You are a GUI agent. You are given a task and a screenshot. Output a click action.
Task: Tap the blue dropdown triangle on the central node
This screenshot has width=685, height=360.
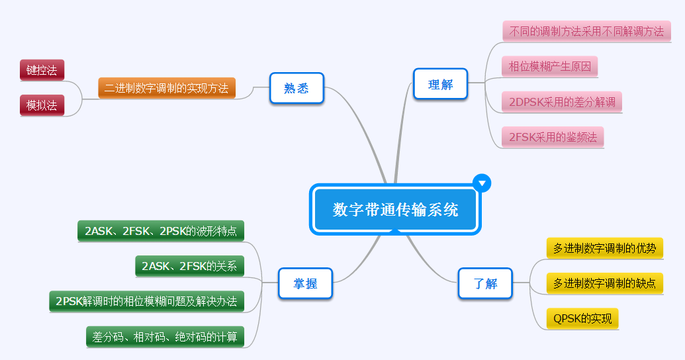(482, 183)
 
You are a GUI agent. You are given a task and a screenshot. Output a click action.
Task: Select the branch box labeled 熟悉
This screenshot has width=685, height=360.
(297, 89)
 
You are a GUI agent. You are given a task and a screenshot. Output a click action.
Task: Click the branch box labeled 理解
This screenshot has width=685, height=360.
(440, 85)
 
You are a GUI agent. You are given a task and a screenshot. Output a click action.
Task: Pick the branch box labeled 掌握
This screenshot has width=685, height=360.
(305, 283)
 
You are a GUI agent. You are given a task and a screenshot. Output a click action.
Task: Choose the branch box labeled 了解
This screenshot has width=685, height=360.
(485, 283)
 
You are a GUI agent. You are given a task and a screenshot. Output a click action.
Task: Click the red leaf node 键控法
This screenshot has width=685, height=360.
(42, 69)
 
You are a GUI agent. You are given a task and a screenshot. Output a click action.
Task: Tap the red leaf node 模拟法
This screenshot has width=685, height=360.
(42, 105)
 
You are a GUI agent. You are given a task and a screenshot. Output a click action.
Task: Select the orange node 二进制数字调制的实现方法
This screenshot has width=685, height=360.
(167, 88)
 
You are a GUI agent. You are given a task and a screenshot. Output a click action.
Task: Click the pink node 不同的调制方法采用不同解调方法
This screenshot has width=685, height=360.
(586, 31)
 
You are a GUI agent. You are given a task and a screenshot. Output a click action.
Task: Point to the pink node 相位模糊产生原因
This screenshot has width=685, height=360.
(550, 66)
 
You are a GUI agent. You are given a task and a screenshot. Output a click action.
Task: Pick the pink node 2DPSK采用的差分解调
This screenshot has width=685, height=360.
(562, 102)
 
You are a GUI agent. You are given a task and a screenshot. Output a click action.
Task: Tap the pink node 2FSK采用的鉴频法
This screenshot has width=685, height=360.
(553, 137)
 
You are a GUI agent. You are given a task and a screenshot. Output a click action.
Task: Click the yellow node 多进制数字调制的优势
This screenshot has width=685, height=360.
(605, 248)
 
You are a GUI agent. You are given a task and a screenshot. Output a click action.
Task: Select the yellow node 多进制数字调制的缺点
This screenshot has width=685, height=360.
(605, 283)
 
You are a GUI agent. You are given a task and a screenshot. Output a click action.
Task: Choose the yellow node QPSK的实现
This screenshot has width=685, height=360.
(582, 318)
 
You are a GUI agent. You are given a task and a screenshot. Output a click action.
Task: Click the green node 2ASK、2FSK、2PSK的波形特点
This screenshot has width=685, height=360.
(160, 231)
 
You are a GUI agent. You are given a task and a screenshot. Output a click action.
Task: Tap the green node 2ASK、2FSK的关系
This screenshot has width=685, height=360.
(189, 266)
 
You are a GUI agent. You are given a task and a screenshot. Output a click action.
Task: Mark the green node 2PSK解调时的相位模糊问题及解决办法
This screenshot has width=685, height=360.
(146, 301)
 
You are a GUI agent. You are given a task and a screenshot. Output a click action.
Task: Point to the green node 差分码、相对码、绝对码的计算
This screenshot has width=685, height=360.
(165, 336)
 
